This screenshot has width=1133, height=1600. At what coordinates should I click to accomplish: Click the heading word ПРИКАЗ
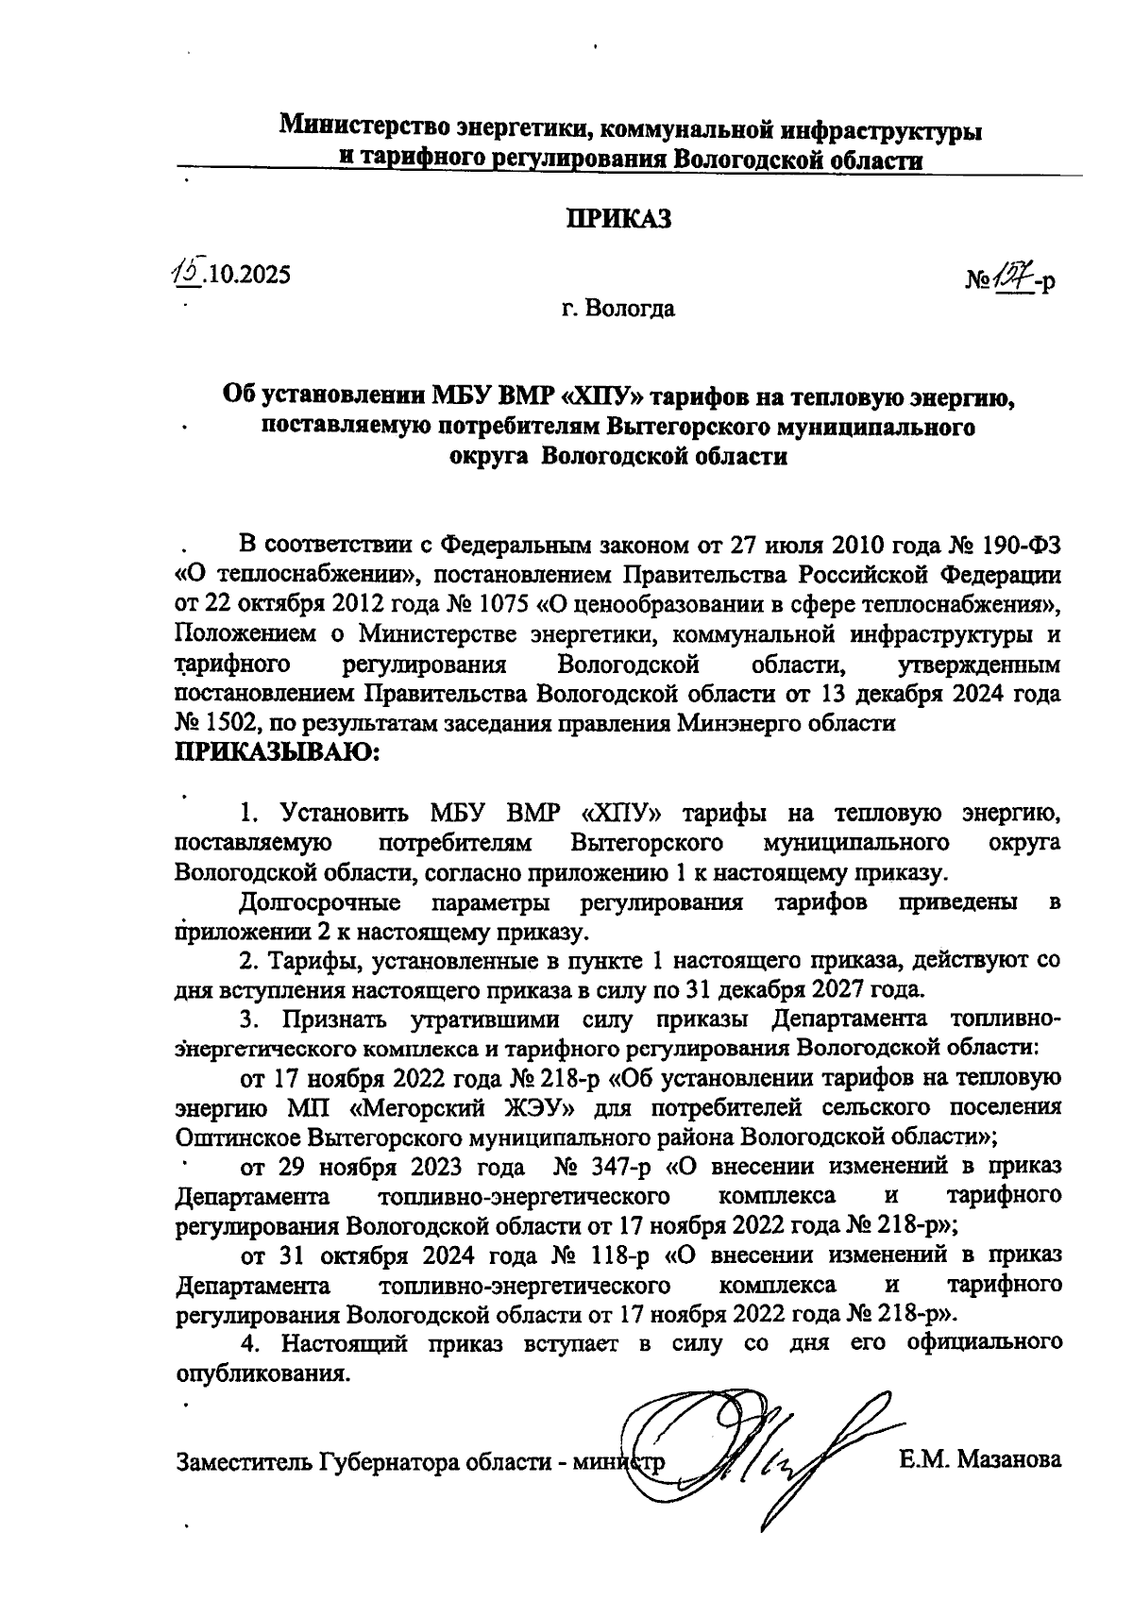point(618,218)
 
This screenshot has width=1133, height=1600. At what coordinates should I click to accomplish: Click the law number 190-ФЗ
point(1019,545)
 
